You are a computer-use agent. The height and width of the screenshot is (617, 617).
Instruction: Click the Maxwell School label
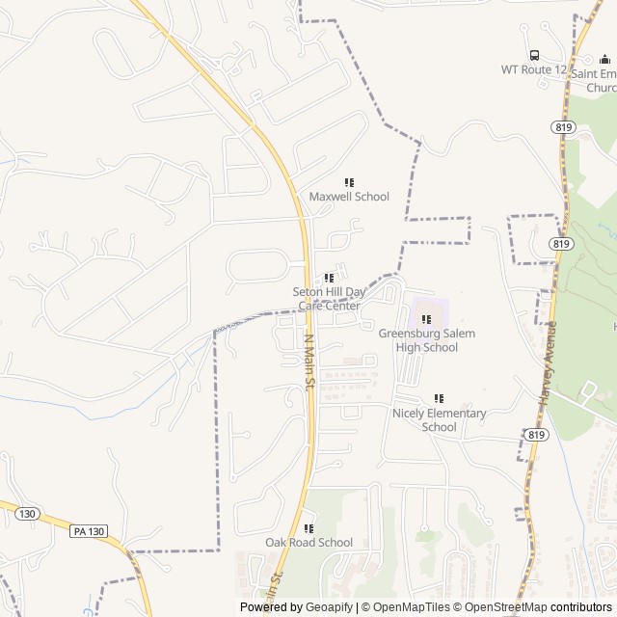[x=349, y=197]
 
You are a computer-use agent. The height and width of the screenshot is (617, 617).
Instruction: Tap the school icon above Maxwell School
[x=349, y=182]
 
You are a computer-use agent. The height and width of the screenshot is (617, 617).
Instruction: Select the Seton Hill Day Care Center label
[x=329, y=298]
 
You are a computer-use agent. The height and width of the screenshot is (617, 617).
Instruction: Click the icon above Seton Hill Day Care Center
[x=329, y=278]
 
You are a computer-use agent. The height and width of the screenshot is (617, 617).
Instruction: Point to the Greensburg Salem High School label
[x=426, y=340]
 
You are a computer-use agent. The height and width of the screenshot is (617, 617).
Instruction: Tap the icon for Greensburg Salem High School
[x=426, y=319]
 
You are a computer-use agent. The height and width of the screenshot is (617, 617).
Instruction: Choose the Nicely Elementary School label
[x=439, y=420]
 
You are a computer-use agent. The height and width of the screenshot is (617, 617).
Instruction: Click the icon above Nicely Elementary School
[x=439, y=398]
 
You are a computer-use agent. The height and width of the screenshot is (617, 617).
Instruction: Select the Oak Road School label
[x=308, y=543]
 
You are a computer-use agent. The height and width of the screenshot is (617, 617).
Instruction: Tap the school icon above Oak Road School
[x=308, y=528]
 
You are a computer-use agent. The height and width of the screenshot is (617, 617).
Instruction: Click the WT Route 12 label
[x=533, y=69]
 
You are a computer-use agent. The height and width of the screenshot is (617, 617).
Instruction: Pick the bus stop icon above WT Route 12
[x=534, y=55]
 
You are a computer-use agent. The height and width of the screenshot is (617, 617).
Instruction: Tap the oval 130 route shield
[x=27, y=514]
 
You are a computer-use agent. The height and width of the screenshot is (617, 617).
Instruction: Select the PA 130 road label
[x=89, y=531]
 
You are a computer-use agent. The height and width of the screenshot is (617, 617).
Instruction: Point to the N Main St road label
[x=310, y=362]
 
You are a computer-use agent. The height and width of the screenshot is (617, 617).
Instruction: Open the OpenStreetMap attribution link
[x=498, y=607]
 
